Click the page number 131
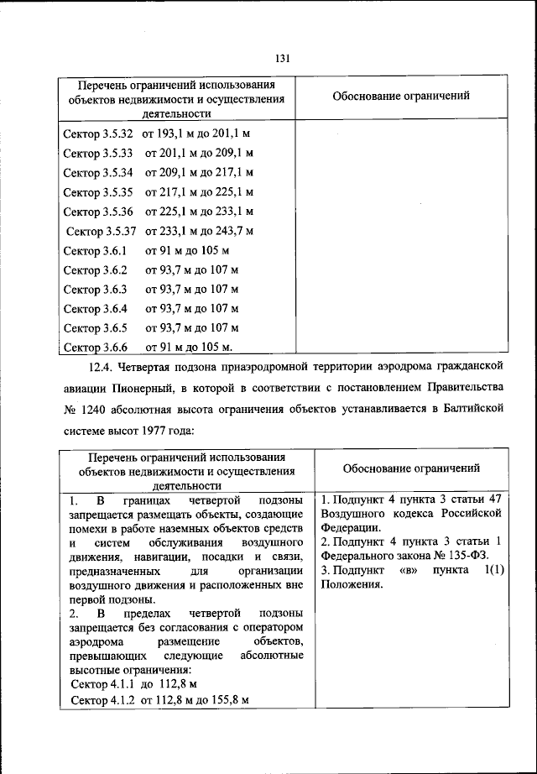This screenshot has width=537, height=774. [x=282, y=58]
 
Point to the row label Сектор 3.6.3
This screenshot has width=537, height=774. [x=95, y=289]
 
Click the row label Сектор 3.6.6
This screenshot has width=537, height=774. [x=95, y=347]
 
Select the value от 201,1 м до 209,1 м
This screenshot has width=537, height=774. [x=199, y=153]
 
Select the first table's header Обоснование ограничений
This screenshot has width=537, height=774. [x=400, y=96]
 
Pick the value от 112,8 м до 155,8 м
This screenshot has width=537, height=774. [x=199, y=700]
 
